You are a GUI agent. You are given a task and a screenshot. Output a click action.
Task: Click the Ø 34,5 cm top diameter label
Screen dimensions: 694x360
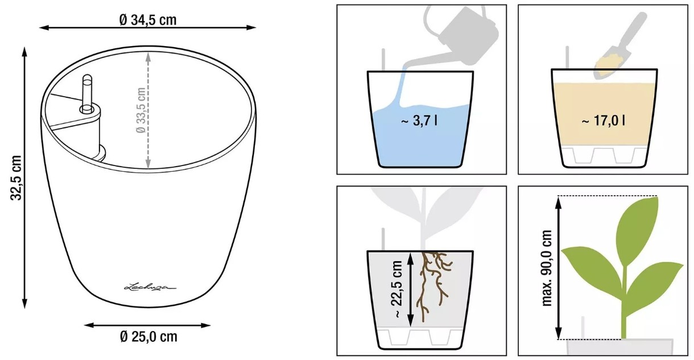(148, 20)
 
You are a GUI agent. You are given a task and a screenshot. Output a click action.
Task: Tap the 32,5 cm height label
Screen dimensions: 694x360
(16, 178)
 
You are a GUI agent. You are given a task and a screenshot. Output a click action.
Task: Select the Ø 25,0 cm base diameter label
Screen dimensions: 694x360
(148, 337)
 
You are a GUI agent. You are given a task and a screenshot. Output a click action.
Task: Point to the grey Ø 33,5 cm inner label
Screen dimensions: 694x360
(141, 110)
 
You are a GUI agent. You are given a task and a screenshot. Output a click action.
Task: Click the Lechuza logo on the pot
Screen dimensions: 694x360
(150, 287)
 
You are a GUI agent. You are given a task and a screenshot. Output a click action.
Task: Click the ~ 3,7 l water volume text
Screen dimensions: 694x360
(419, 121)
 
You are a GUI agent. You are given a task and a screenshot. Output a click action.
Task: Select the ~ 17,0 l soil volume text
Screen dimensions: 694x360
(603, 121)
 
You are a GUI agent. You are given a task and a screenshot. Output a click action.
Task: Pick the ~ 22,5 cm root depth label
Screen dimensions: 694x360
(397, 289)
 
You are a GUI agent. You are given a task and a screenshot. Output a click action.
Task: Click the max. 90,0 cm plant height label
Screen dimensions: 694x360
(547, 268)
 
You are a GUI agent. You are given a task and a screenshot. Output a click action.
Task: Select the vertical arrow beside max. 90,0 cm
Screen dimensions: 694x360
(558, 268)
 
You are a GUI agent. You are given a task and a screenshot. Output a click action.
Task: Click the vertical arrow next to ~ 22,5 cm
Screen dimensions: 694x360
(411, 289)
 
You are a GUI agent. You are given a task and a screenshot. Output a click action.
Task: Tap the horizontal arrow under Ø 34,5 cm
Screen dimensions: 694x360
(147, 27)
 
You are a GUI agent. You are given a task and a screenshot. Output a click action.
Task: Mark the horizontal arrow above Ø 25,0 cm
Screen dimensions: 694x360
(147, 325)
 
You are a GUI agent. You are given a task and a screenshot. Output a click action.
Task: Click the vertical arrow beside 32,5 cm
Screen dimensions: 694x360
(25, 178)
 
